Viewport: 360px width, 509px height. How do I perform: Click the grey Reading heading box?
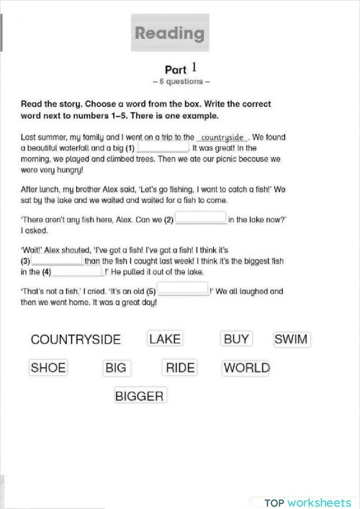click(170, 33)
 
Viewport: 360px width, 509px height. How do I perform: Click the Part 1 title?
click(181, 69)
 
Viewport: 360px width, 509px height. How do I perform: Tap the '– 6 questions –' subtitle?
click(181, 82)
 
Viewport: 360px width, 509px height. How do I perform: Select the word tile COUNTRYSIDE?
click(76, 340)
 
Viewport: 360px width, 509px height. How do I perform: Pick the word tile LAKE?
click(165, 338)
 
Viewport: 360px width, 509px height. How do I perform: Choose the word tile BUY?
click(236, 338)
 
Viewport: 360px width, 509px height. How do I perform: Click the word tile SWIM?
click(291, 338)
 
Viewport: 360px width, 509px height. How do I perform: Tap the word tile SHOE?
click(48, 368)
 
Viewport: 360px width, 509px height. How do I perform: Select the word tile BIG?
click(115, 368)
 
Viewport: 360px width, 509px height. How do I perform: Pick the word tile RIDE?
click(180, 368)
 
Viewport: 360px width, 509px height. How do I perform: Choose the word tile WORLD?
click(246, 368)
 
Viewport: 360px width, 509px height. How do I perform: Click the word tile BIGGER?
click(139, 395)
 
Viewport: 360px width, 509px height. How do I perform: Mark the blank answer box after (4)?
click(77, 272)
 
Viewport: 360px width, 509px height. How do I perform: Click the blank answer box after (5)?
click(182, 292)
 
